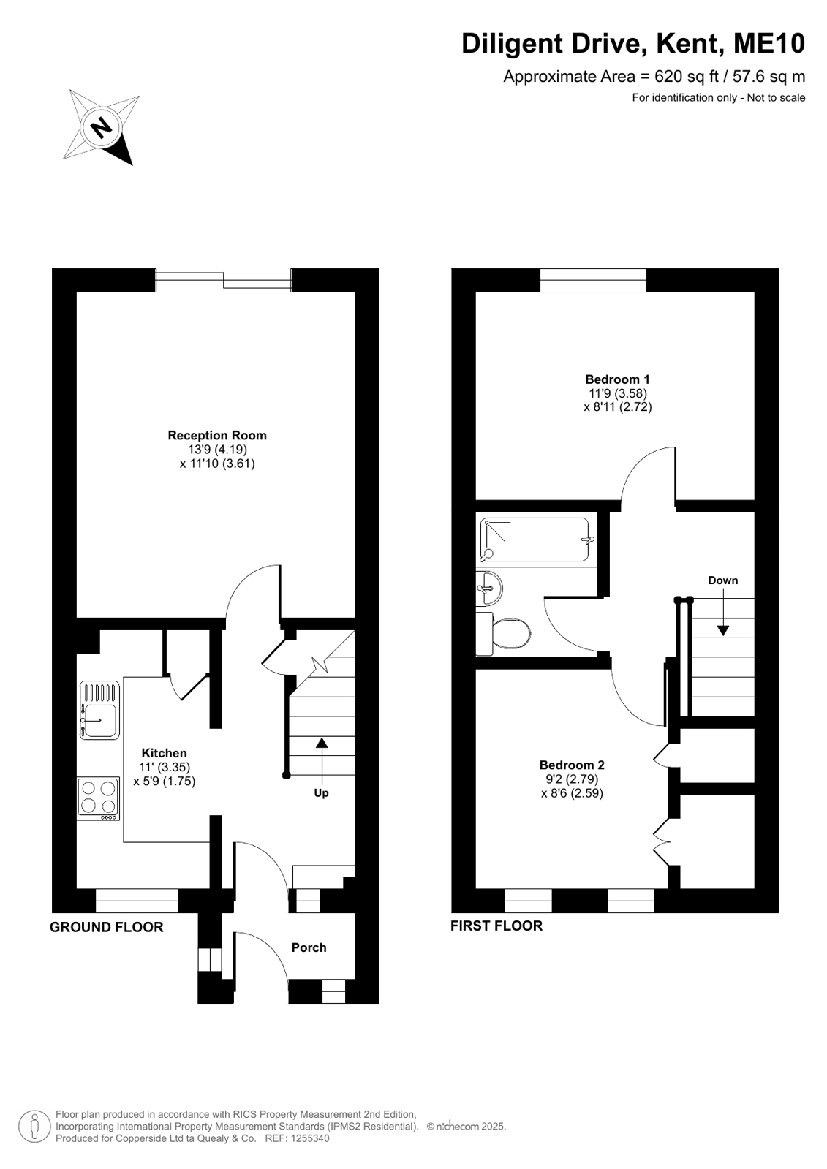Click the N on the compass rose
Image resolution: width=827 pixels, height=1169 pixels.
[x=101, y=126]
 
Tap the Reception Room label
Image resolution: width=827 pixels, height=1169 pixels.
[x=217, y=435]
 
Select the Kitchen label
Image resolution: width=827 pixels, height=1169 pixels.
[x=164, y=753]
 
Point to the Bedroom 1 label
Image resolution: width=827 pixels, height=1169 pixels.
[x=617, y=379]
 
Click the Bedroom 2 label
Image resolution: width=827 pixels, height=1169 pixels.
[x=572, y=765]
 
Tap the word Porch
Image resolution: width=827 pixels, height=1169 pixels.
[x=309, y=947]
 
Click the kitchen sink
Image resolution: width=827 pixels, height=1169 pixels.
[x=99, y=710]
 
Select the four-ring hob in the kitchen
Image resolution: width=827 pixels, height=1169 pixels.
[x=99, y=798]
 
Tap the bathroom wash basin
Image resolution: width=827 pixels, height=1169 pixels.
[x=488, y=589]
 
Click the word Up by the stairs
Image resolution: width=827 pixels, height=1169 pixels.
[x=321, y=792]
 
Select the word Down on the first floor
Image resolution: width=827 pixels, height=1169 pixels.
[x=723, y=580]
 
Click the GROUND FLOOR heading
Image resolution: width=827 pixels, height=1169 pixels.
[x=107, y=927]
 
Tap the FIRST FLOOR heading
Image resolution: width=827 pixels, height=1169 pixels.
[x=496, y=926]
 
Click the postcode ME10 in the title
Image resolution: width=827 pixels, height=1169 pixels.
[x=769, y=43]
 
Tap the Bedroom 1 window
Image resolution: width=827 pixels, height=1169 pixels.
[x=593, y=280]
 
